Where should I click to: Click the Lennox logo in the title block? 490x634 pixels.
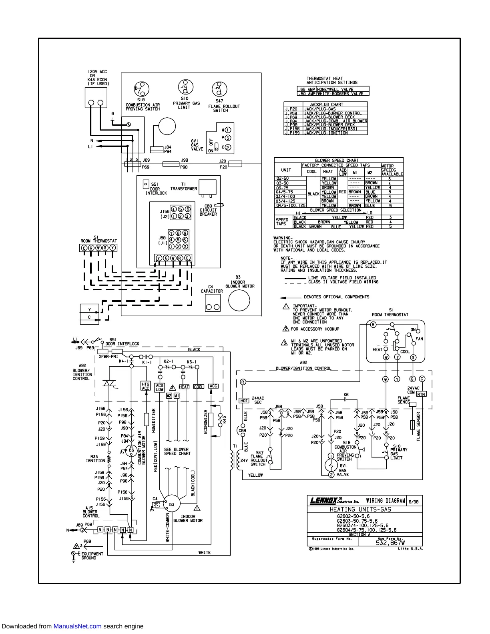[325, 500]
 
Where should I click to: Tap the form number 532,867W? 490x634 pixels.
[390, 543]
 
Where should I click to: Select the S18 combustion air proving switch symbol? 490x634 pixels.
[141, 89]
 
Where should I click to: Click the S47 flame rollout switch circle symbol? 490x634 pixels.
[219, 89]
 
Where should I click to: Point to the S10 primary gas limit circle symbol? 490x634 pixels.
[185, 87]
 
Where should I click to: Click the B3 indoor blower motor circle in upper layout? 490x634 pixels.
[239, 300]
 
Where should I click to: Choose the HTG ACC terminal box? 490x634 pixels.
[145, 386]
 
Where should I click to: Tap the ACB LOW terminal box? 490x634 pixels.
[159, 387]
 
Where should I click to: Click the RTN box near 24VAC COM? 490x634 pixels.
[421, 394]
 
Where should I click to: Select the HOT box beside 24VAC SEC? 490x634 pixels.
[244, 400]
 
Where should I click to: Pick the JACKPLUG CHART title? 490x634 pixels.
[326, 104]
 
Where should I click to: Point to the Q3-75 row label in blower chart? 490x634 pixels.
[282, 188]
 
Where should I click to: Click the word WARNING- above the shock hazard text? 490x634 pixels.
[283, 238]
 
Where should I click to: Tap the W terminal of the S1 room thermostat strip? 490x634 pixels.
[98, 248]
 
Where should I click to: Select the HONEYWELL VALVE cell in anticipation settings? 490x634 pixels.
[335, 89]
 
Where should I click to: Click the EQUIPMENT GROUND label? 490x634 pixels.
[92, 556]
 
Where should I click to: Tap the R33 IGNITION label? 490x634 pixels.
[95, 459]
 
